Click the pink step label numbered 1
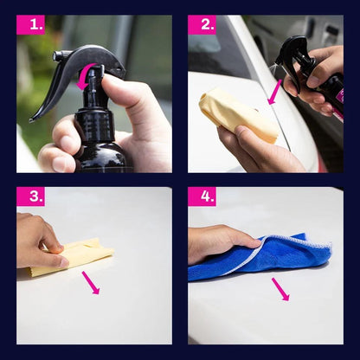[30, 25]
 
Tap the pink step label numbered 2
[202, 25]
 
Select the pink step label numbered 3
[30, 196]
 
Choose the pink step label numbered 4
[202, 196]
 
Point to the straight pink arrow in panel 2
[274, 93]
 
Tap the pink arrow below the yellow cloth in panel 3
[91, 283]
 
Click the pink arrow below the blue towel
[280, 289]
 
